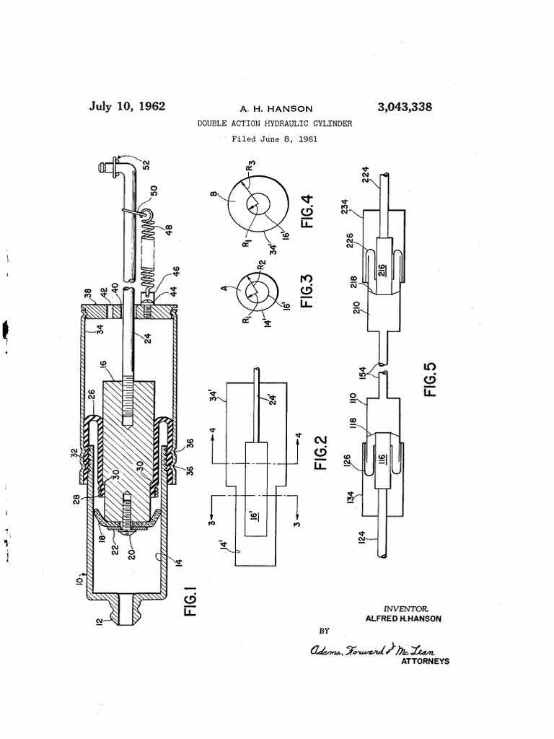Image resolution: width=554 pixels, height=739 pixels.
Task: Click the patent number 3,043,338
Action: point(405,108)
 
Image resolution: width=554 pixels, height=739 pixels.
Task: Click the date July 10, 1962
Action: point(127,107)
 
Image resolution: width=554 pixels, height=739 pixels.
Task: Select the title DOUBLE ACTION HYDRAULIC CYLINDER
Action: point(275,123)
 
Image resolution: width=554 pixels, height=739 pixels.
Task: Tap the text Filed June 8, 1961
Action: point(275,139)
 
